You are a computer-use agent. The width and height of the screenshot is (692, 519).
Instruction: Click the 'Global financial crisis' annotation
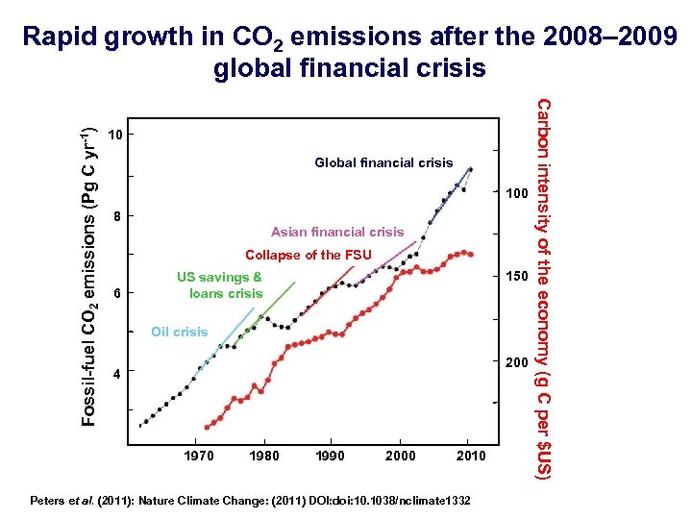coord(383,162)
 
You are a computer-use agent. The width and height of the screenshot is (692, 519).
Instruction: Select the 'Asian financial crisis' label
coord(337,232)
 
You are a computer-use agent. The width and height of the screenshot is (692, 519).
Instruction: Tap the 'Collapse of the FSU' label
coord(308,255)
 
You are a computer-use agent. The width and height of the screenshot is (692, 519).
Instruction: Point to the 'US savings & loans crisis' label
coord(220,285)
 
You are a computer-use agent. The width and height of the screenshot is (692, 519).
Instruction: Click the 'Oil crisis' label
coord(179,332)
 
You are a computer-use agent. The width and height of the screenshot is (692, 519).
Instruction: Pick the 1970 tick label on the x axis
coord(198,456)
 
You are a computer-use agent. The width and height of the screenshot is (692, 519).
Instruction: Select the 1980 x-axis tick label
coord(264,456)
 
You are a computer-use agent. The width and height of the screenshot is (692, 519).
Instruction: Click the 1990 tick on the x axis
coord(330,456)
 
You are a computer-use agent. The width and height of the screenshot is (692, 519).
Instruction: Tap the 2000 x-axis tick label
coord(400,456)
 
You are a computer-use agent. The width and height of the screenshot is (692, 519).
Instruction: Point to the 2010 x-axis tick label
coord(471,456)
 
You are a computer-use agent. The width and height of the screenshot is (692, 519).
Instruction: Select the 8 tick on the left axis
coord(116,216)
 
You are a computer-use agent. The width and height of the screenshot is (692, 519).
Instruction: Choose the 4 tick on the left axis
coord(116,374)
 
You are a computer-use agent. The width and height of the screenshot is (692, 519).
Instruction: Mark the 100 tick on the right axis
coord(517,194)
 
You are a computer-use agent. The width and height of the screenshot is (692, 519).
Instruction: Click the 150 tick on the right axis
coord(517,277)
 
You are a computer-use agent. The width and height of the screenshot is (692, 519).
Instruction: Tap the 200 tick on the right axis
coord(517,362)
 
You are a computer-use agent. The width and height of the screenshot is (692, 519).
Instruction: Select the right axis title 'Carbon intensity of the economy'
coord(544,288)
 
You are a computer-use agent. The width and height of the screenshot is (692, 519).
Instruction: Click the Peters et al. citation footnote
coord(251,501)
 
